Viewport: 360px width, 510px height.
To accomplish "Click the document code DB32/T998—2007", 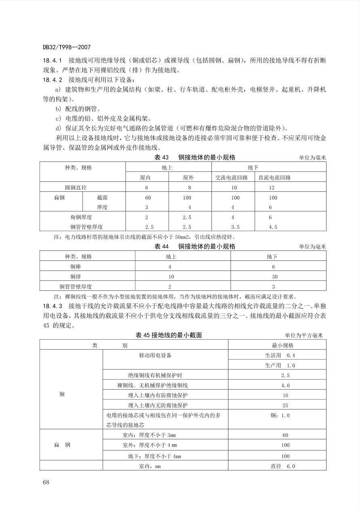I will pos(67,47).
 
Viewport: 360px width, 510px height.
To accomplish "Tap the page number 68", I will pos(46,482).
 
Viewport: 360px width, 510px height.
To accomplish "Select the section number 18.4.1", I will pos(52,61).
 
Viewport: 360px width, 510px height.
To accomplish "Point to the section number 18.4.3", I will pos(52,306).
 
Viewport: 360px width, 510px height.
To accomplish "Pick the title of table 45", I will pos(169,335).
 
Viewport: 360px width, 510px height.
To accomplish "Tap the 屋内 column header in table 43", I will pos(147,177).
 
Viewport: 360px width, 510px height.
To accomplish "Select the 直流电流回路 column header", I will pos(275,177).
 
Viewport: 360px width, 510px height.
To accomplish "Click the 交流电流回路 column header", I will pos(232,177).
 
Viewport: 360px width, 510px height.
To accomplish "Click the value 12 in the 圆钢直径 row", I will pos(271,187).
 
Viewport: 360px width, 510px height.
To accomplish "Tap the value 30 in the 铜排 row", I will pos(275,277).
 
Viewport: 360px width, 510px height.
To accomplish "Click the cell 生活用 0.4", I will pos(280,355).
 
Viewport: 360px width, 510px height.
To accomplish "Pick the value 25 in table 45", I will pos(285,405).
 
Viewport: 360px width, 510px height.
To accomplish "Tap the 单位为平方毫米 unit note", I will pos(304,335).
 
